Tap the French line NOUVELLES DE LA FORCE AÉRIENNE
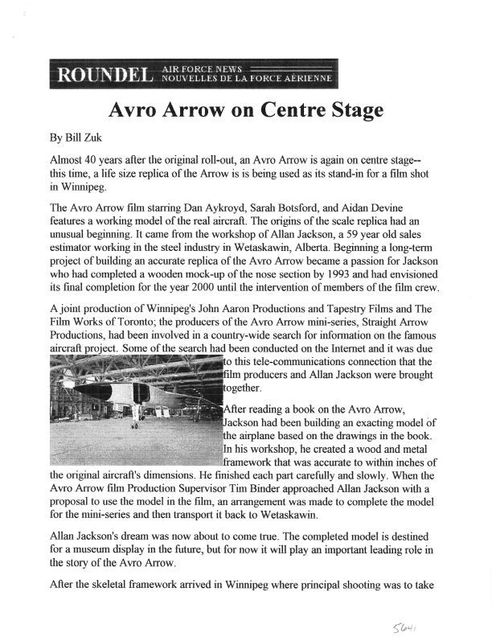pos(248,79)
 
